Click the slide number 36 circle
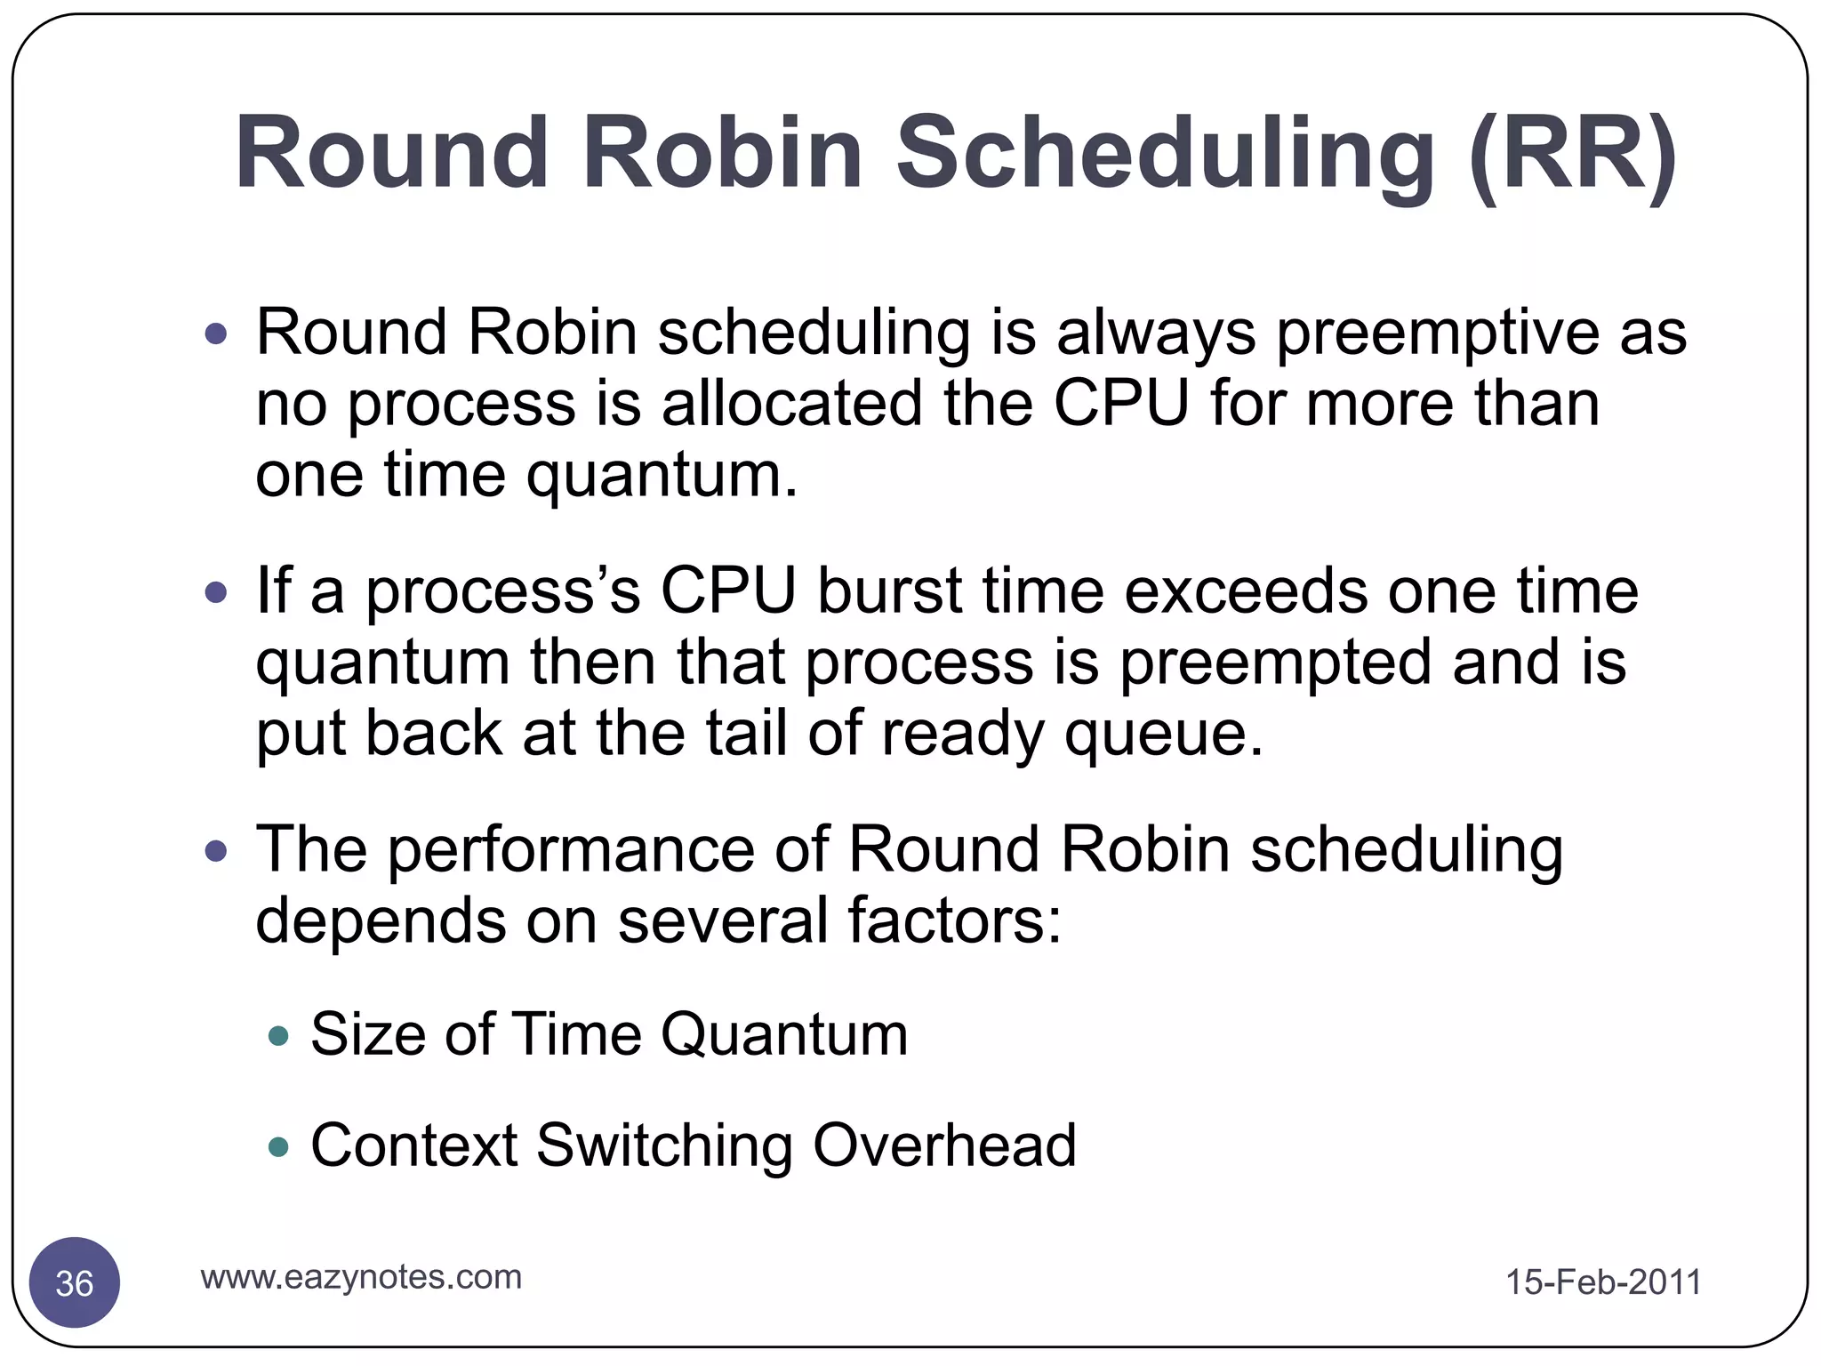click(75, 1282)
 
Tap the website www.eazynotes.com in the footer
click(361, 1277)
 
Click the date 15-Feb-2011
click(1602, 1282)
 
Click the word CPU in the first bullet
click(1120, 403)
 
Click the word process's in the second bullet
click(503, 591)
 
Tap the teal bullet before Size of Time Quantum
click(279, 1036)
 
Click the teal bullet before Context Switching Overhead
click(279, 1146)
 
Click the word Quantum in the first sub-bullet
click(784, 1035)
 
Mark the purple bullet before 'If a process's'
click(216, 592)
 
